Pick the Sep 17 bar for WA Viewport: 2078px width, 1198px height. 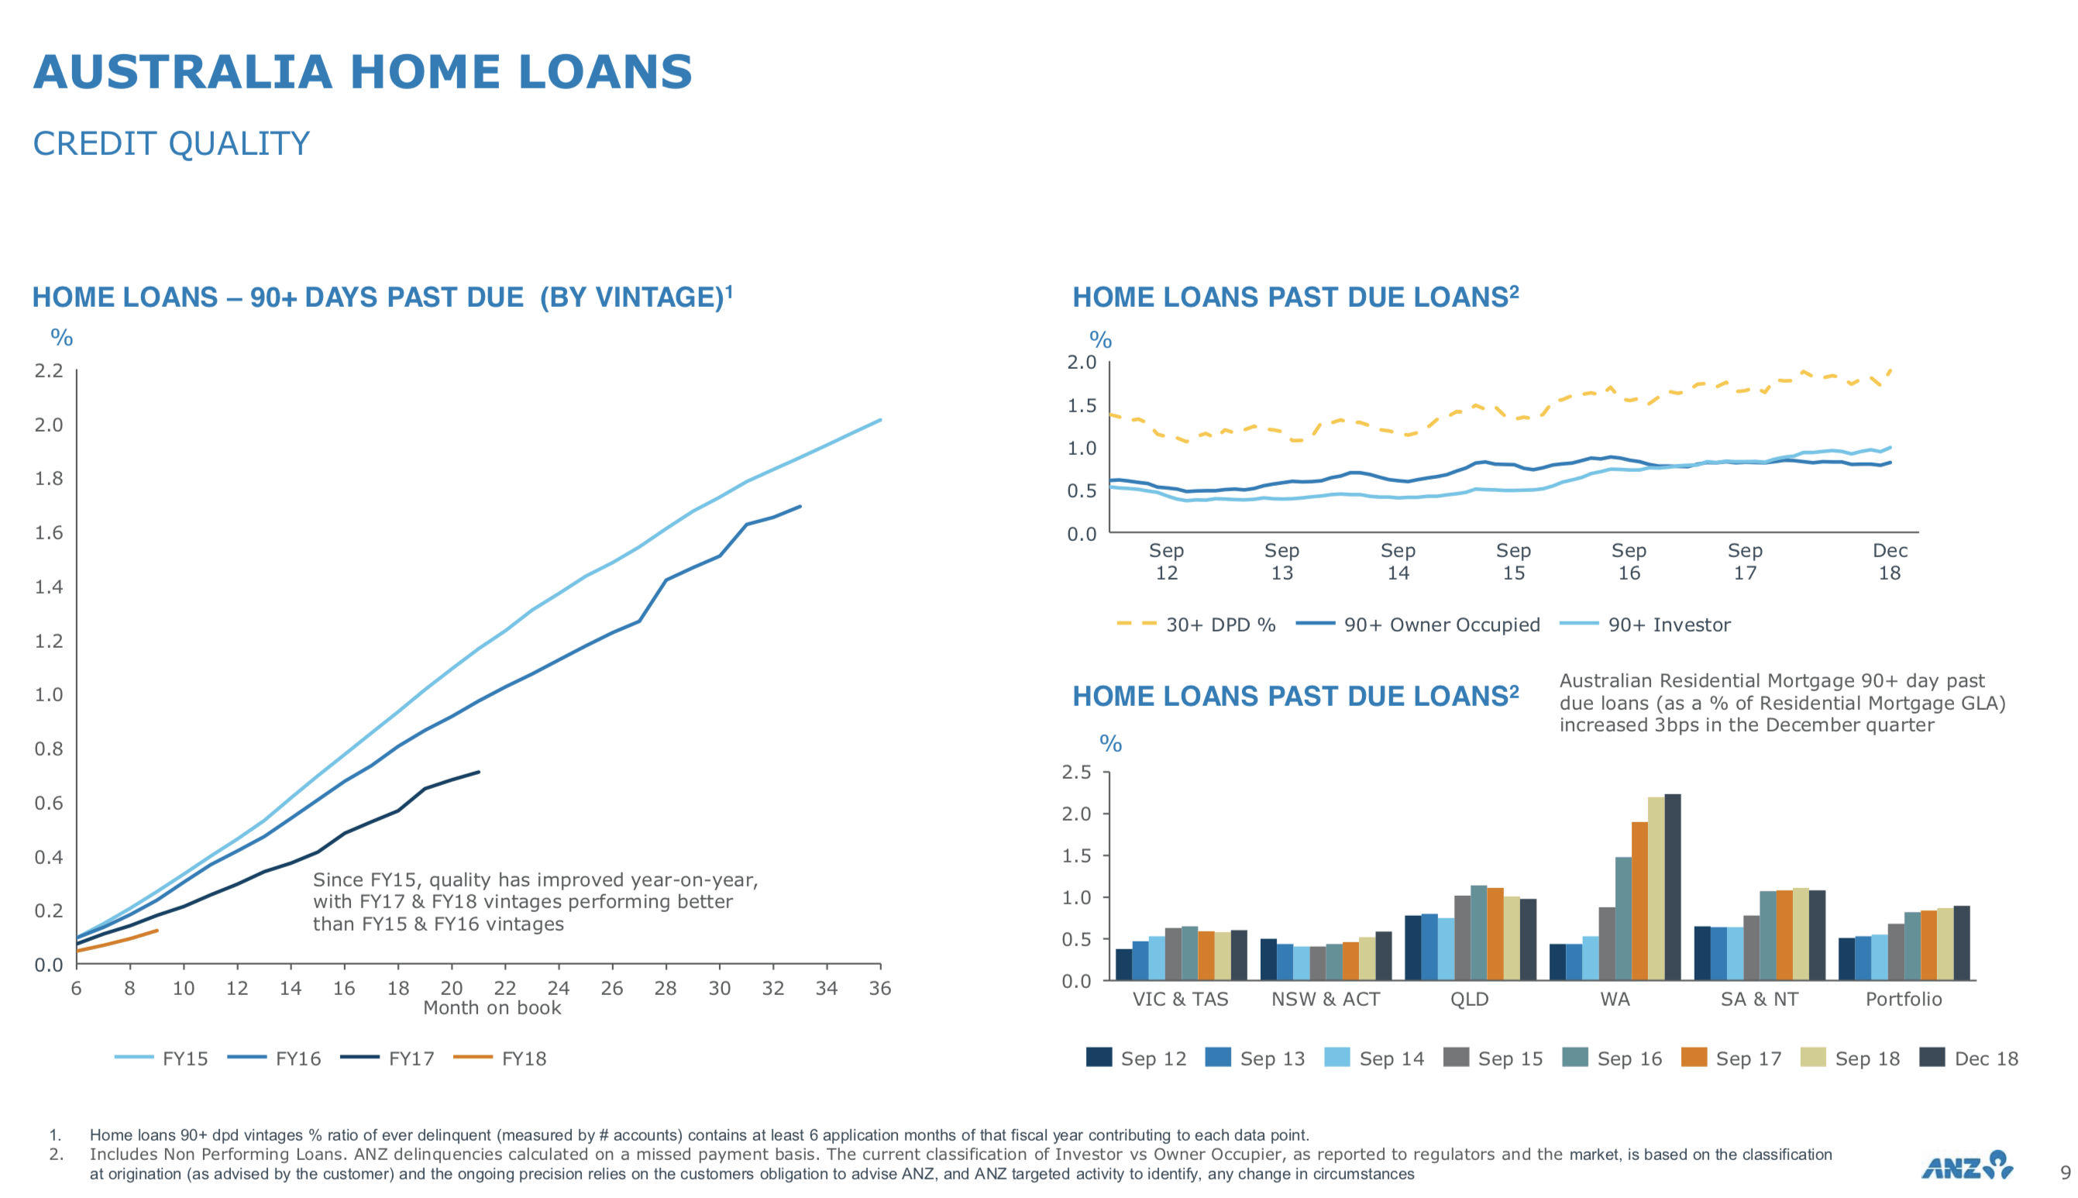[1639, 901]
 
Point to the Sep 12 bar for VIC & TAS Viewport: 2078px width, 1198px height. [1123, 964]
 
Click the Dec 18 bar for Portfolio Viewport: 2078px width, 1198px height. [1962, 943]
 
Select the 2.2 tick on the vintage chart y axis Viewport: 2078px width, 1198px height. [49, 371]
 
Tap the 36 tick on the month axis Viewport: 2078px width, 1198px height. [880, 988]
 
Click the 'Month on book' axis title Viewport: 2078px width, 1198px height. [492, 1008]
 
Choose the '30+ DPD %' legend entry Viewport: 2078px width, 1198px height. [1196, 625]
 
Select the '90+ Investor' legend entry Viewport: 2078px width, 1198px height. [1646, 625]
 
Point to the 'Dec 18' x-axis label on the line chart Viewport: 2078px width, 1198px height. [1890, 561]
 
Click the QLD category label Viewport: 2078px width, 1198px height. [1469, 999]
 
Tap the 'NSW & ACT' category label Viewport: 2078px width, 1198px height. [1325, 999]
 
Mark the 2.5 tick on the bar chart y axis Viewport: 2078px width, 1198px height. [1076, 772]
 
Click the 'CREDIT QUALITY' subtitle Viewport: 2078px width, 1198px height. [171, 144]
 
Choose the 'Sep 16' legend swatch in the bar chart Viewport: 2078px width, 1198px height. [1574, 1057]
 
